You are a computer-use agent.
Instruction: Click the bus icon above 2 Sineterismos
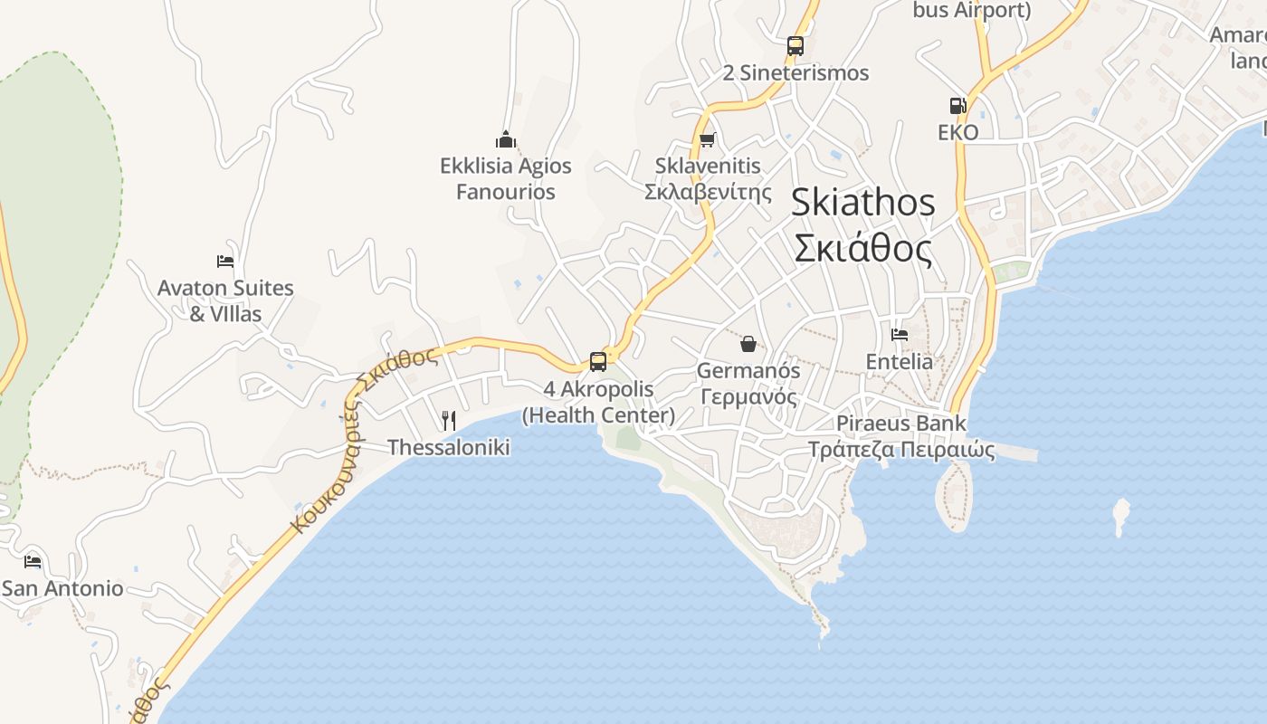tap(795, 45)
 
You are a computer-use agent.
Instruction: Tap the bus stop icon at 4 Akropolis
tap(597, 362)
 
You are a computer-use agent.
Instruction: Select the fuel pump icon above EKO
tap(957, 106)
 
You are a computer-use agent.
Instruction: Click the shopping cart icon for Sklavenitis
tap(708, 139)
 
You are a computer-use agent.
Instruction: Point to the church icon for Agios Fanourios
tap(506, 139)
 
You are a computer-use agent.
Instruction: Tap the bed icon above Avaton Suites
tap(225, 262)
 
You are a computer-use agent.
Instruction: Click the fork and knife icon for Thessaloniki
tap(448, 420)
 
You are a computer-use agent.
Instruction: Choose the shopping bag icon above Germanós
tap(748, 344)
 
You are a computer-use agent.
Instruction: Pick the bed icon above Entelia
tap(899, 335)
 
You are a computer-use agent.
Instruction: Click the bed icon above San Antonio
tap(33, 562)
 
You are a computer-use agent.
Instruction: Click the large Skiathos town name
tap(862, 203)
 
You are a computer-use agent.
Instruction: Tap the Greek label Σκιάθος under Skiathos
tap(862, 248)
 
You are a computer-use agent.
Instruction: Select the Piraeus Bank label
tap(900, 424)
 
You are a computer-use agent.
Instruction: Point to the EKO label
tap(957, 133)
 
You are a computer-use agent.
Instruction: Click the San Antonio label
tap(62, 589)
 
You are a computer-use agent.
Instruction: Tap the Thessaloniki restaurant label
tap(449, 448)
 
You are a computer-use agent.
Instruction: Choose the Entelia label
tap(899, 362)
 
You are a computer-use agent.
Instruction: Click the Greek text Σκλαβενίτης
tap(708, 192)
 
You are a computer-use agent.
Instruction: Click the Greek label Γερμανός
tap(748, 397)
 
